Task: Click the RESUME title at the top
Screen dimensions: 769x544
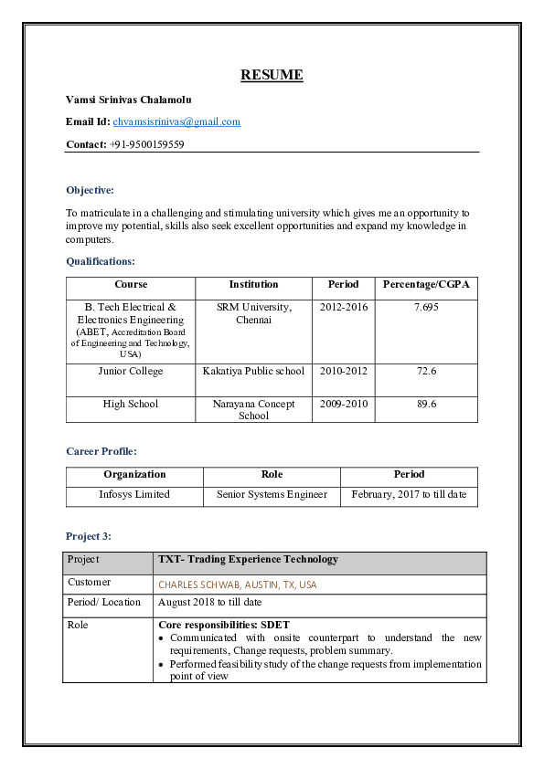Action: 272,75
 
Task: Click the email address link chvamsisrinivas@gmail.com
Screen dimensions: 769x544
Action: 176,121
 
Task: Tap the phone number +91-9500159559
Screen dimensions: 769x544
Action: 146,144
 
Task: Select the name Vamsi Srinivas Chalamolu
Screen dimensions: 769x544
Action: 129,99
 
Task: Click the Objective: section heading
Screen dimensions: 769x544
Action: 90,190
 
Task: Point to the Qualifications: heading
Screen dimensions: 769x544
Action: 101,261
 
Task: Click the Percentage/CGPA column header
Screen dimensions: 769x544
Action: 426,284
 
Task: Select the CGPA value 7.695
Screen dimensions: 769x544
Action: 426,308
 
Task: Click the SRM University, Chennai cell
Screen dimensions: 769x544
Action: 253,313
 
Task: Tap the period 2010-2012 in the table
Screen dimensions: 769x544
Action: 344,372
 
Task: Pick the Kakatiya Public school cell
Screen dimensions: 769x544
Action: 253,372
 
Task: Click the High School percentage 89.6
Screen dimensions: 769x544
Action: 426,404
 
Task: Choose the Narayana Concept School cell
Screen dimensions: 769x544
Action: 253,409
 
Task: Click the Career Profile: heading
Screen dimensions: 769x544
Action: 101,451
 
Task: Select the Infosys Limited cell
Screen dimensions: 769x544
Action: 134,494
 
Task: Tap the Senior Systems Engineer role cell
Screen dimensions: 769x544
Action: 272,494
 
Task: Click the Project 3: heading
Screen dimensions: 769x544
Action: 89,536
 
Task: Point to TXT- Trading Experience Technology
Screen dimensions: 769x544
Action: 248,559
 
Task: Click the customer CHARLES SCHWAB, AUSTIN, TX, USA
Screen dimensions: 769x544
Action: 238,585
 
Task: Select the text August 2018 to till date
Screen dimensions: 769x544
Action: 209,603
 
